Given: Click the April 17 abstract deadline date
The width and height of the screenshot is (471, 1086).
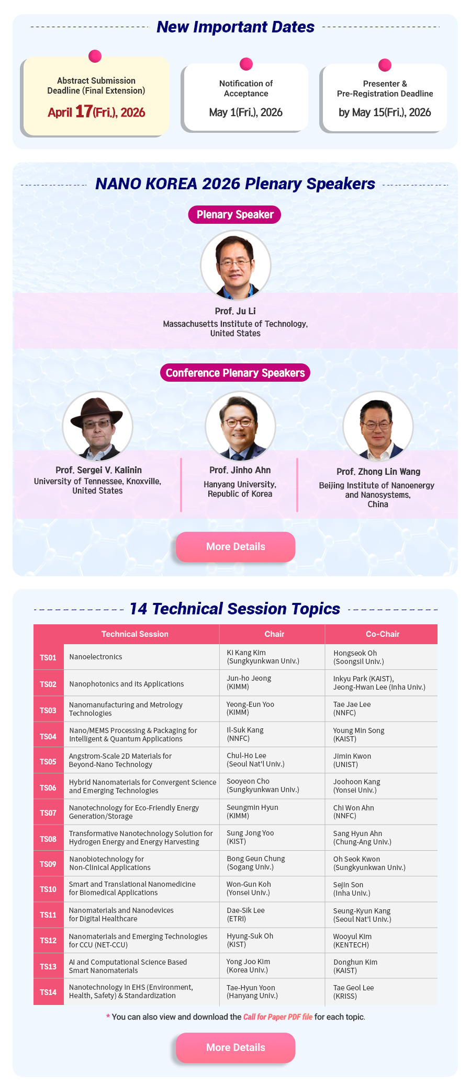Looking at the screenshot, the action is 96,112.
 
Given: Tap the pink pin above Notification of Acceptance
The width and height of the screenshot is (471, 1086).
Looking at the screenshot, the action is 246,64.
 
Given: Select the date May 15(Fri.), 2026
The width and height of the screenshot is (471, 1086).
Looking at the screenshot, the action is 385,112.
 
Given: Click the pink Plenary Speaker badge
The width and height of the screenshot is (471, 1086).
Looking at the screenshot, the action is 235,214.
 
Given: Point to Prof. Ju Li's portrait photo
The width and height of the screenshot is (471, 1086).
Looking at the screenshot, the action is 235,265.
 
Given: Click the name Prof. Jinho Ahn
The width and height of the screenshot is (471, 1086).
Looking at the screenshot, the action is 240,470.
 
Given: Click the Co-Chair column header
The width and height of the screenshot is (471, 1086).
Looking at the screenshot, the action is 383,634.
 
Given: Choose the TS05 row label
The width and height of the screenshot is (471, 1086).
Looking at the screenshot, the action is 48,761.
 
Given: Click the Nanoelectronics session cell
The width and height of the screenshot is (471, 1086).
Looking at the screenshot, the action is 96,657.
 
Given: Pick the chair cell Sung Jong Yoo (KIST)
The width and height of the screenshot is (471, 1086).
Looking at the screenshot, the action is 250,837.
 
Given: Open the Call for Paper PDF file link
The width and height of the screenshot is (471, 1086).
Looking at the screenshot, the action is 278,1017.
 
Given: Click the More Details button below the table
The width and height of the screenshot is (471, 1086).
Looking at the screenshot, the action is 235,1047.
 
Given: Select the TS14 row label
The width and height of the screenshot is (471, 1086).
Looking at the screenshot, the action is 48,992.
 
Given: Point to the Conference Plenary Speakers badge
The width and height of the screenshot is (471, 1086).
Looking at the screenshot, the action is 235,373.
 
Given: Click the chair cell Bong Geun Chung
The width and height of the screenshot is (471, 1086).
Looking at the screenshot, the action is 256,863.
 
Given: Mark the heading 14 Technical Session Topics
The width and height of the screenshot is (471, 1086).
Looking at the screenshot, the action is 235,609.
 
